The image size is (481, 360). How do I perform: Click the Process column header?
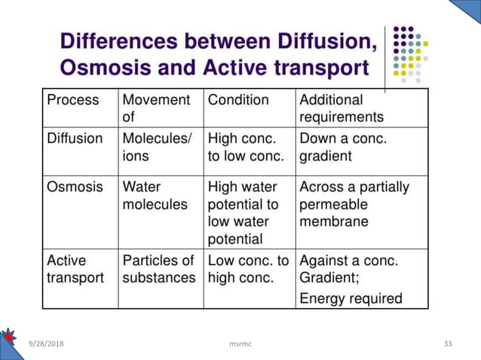click(73, 99)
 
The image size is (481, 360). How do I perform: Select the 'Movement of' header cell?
click(156, 108)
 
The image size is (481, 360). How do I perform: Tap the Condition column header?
click(238, 99)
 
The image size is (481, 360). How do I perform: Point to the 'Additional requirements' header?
click(342, 108)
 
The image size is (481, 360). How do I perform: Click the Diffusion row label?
click(75, 139)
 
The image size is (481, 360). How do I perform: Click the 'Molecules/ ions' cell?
click(158, 148)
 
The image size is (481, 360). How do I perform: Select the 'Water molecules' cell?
click(155, 195)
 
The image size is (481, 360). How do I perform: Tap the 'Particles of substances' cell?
click(158, 269)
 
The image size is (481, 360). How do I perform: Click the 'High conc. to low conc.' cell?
click(246, 148)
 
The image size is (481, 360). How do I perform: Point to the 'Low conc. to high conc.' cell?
click(248, 269)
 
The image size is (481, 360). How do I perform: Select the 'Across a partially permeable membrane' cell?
click(354, 204)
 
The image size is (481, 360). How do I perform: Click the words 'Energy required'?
click(351, 298)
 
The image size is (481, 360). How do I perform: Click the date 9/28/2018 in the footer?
click(45, 343)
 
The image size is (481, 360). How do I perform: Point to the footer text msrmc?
click(240, 343)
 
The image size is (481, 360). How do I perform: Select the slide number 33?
click(448, 343)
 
